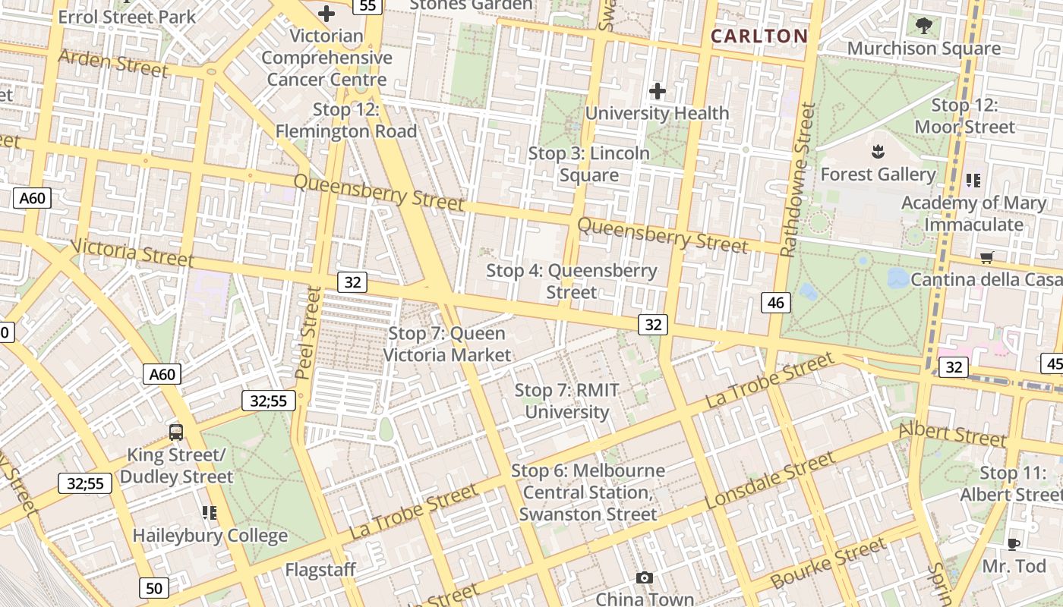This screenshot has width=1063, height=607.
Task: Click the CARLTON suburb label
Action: pos(759,36)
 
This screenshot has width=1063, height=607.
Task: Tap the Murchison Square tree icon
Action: pos(923,27)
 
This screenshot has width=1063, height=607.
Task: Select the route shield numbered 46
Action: pos(776,303)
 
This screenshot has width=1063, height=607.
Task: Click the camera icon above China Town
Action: pos(645,578)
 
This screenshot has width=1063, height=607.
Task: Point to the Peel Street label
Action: pos(307,332)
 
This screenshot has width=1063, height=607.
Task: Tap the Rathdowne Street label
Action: pos(798,180)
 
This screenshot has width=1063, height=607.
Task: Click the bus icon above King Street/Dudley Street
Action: pos(176,432)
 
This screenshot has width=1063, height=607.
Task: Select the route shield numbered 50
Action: pos(154,587)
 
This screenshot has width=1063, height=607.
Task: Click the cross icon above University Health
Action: pos(658,92)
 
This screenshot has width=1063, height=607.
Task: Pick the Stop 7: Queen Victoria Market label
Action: pos(446,344)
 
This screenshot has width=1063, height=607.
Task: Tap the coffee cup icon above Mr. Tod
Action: pos(1013,544)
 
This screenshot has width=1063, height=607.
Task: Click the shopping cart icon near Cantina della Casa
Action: pos(986,258)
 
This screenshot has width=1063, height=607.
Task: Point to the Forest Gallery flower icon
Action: pos(878,152)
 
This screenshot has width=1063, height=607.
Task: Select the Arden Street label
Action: pos(112,64)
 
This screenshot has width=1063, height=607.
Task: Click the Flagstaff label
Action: pos(320,569)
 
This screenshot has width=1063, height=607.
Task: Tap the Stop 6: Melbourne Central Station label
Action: pos(588,492)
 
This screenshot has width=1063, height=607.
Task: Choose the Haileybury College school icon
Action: pos(210,514)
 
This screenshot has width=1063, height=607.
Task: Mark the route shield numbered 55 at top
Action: pos(367,6)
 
